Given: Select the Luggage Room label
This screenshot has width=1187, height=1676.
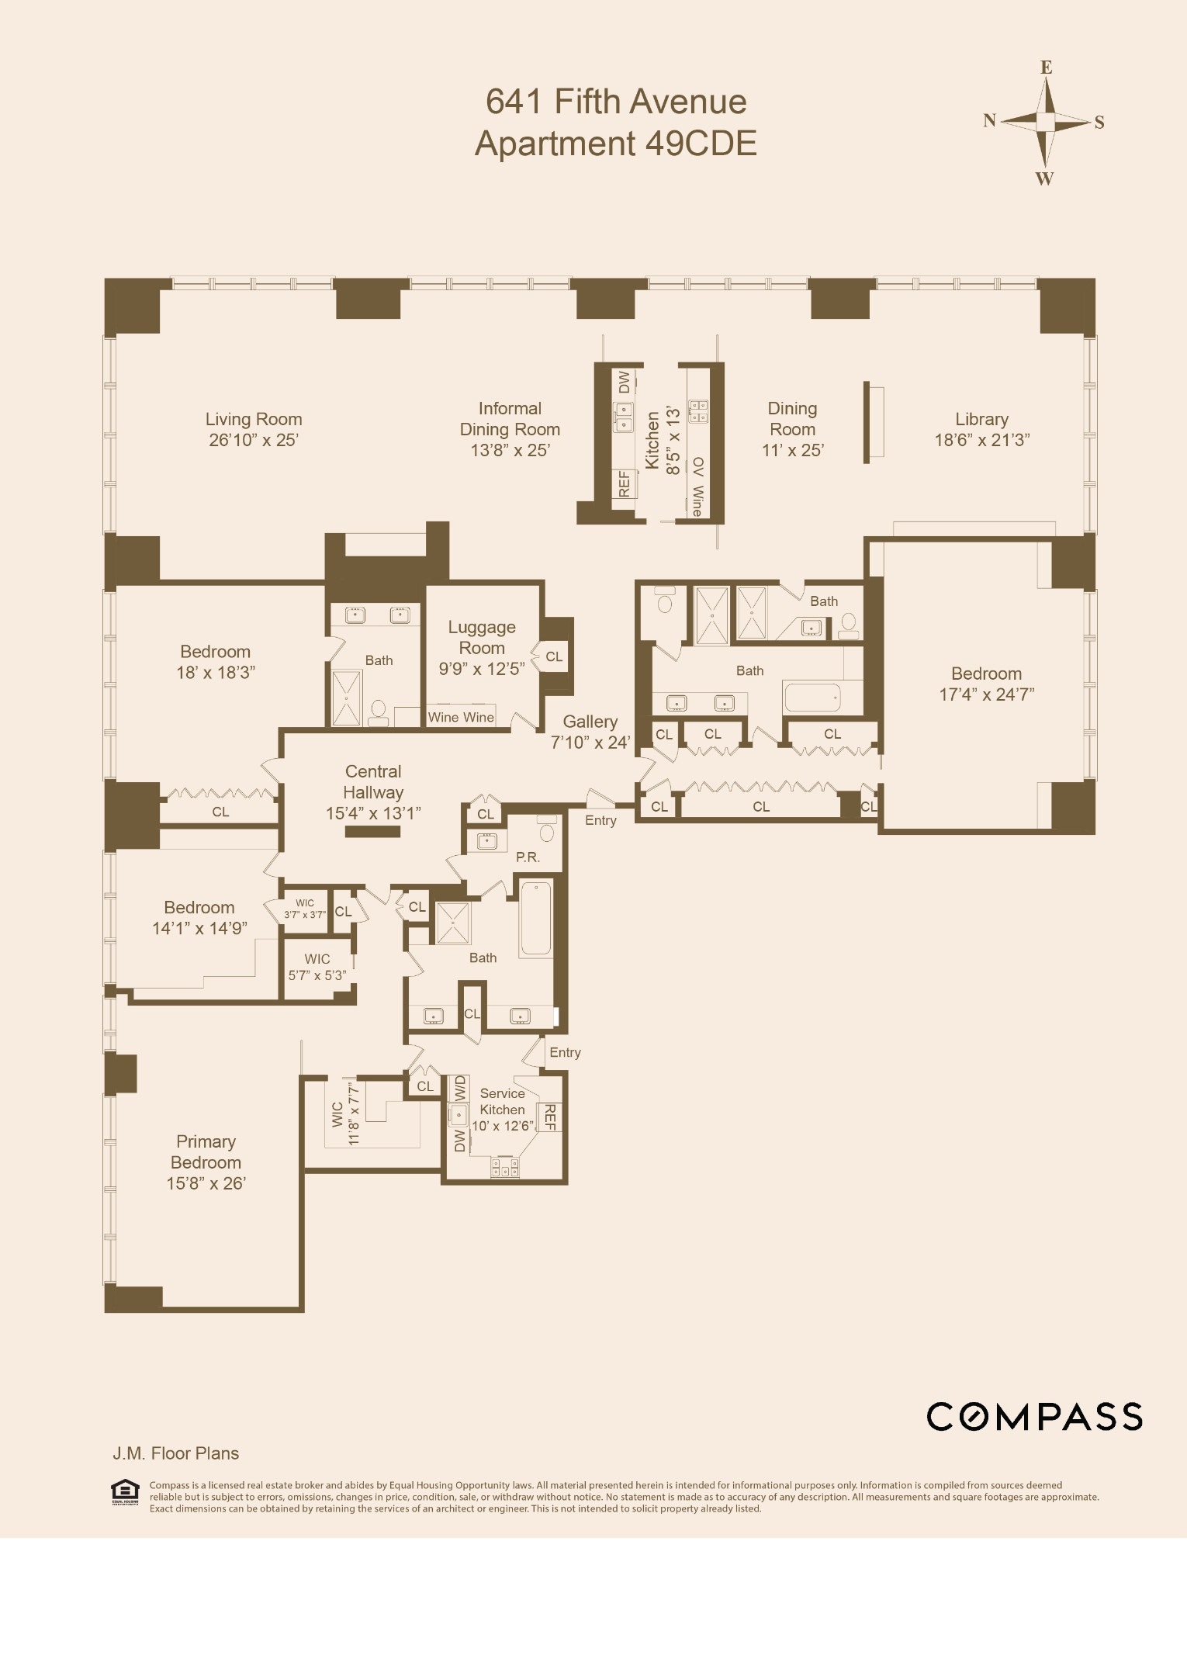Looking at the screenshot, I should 482,637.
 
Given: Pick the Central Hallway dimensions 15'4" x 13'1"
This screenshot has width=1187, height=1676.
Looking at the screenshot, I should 373,813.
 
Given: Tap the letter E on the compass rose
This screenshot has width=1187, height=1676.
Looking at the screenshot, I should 1046,68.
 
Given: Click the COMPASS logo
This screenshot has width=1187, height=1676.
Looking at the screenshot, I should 1034,1417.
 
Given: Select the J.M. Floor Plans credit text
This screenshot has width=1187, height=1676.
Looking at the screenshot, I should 176,1453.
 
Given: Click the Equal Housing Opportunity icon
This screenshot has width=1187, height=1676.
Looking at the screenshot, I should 125,1491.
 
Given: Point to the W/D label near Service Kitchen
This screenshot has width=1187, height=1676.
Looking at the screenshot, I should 460,1088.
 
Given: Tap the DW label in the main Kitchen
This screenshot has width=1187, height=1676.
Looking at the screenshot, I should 624,382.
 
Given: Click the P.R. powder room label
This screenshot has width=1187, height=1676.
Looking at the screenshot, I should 528,857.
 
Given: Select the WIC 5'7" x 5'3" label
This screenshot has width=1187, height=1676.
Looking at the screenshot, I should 317,967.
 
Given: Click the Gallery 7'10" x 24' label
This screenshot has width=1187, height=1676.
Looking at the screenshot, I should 590,732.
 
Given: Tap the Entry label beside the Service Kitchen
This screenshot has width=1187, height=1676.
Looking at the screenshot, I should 565,1053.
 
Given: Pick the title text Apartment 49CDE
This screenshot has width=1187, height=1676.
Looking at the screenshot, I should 616,144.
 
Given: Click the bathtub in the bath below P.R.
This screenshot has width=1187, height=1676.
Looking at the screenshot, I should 535,919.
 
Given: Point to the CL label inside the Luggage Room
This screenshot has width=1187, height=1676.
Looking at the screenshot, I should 554,656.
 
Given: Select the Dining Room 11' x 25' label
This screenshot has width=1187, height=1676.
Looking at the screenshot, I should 792,429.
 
